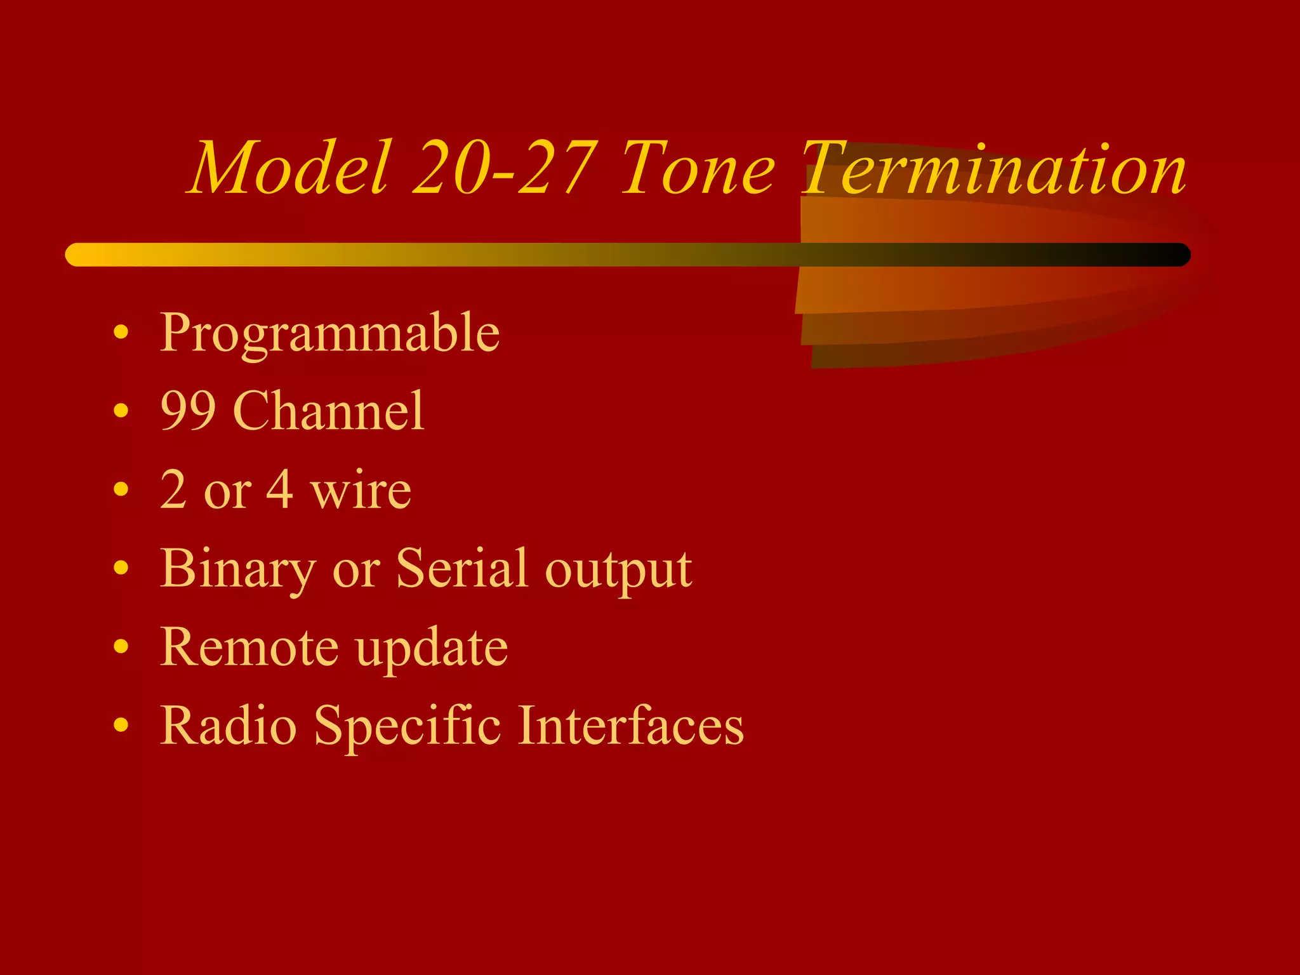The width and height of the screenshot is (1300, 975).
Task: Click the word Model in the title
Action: [x=289, y=168]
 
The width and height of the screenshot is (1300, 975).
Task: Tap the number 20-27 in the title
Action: [x=505, y=168]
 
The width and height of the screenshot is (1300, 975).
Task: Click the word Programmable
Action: [x=329, y=333]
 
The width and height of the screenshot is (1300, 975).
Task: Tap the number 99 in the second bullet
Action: [x=188, y=411]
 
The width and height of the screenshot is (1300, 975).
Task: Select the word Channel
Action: [x=329, y=411]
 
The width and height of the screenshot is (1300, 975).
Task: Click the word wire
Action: [x=361, y=490]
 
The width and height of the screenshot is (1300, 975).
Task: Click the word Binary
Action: [x=238, y=569]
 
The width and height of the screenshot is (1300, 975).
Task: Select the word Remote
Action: [x=250, y=647]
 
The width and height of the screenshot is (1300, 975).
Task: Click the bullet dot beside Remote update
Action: [x=121, y=646]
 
